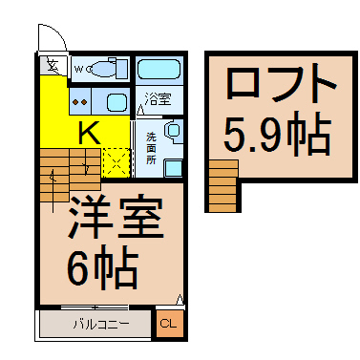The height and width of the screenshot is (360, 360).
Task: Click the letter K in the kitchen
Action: point(89,133)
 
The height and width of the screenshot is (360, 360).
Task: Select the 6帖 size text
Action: point(102,267)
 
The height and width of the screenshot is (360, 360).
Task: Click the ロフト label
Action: point(281,83)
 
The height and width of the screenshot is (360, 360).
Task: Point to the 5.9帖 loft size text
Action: point(278,134)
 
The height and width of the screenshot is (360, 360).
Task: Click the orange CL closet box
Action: point(170,324)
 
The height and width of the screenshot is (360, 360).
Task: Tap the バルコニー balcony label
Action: point(102,325)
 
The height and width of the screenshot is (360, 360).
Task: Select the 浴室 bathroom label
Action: point(158,99)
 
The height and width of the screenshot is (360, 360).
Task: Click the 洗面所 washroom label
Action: point(151,149)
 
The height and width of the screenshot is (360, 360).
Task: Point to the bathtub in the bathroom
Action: point(159,69)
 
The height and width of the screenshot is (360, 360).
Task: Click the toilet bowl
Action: point(102,69)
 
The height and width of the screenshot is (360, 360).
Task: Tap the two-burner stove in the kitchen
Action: point(80,102)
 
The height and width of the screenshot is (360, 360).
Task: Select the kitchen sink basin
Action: point(116,102)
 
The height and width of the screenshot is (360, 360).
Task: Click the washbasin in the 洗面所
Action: point(174,131)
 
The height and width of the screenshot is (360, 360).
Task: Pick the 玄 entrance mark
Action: point(52,66)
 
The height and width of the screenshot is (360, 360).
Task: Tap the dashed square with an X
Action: point(116,163)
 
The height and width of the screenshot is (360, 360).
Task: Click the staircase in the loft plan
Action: point(223,186)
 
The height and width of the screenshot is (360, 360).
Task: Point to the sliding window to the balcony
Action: point(95,307)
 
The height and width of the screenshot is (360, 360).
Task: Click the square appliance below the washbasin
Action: point(173,168)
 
